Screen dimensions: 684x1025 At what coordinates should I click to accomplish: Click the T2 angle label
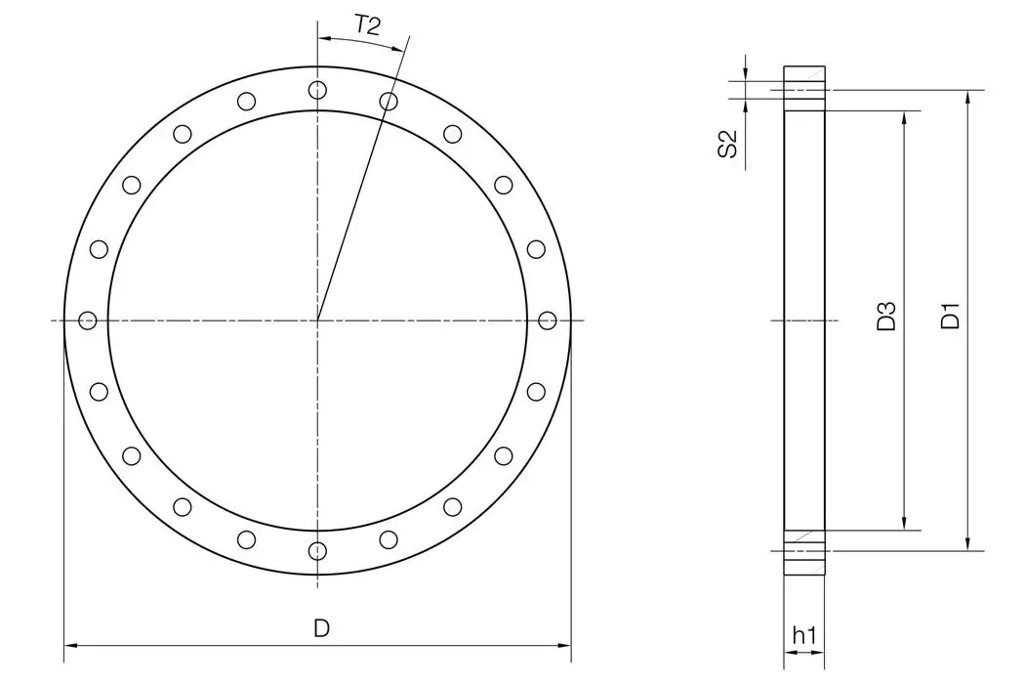tap(366, 26)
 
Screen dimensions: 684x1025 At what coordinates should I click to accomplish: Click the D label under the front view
tap(321, 629)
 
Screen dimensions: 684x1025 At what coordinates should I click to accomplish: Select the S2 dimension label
tap(726, 144)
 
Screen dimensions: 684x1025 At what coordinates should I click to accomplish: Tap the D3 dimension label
tap(886, 318)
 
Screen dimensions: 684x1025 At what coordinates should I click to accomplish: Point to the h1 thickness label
tap(804, 636)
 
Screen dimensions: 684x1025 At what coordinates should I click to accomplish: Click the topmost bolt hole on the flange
tap(317, 90)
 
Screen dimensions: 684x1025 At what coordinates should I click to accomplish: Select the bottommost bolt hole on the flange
tap(317, 550)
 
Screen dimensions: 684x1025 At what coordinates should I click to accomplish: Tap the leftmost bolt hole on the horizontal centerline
tap(88, 320)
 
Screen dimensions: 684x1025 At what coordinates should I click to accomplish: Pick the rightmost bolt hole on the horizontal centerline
tap(547, 320)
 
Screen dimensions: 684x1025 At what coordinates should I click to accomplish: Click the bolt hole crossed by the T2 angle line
tap(389, 101)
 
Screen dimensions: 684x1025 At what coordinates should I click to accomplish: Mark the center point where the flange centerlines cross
tap(317, 320)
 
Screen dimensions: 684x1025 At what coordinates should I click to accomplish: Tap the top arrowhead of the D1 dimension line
tap(967, 96)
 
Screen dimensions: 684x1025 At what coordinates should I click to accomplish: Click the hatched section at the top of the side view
tap(804, 77)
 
